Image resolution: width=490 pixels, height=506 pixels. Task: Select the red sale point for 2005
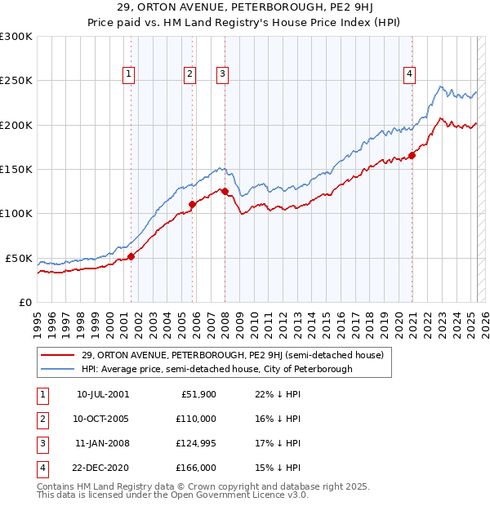192,205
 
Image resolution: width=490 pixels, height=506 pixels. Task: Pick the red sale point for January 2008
225,192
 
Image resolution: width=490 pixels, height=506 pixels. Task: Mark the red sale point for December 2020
412,155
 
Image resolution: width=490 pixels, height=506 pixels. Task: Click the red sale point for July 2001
131,256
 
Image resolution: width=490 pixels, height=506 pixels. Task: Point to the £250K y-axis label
16,81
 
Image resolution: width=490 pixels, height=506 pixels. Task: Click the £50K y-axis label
19,258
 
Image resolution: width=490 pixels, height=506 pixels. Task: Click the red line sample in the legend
58,355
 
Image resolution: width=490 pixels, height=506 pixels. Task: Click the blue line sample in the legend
58,369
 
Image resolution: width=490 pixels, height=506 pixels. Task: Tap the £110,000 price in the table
196,419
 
